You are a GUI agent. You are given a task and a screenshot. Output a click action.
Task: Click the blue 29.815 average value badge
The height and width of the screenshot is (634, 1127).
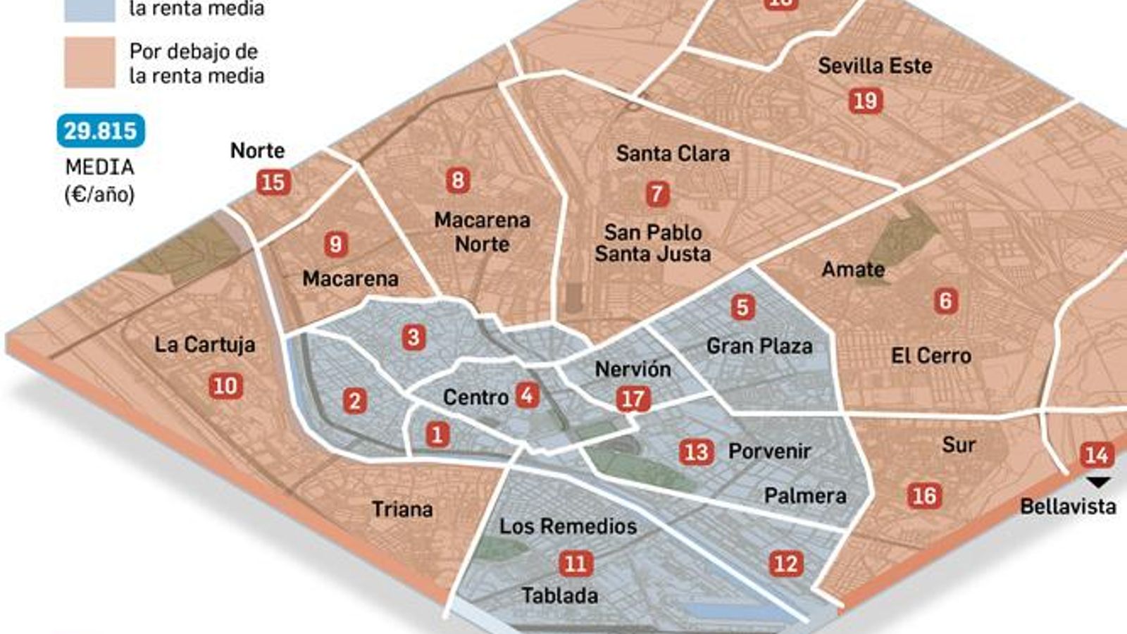(100, 131)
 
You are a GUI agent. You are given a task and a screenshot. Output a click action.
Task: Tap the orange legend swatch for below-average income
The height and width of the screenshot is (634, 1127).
(89, 63)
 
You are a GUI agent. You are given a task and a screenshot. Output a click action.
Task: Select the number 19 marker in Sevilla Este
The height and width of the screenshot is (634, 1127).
(865, 101)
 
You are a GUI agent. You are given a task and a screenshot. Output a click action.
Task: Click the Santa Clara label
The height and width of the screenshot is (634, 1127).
(673, 154)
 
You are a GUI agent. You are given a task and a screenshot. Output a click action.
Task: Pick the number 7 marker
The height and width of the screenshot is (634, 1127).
(657, 194)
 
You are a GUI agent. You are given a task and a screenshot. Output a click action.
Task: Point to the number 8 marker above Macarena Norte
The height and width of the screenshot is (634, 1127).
(458, 180)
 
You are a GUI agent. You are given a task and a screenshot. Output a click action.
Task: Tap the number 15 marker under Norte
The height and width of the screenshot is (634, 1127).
(273, 182)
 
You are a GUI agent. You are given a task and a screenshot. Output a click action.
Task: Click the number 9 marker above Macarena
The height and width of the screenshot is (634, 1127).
(335, 244)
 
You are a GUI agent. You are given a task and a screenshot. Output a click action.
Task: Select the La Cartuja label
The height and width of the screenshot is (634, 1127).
(204, 344)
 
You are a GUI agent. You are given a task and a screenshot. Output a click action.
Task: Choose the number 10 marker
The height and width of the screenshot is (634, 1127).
(225, 386)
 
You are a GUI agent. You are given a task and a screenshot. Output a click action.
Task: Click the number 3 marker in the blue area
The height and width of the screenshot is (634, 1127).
(413, 337)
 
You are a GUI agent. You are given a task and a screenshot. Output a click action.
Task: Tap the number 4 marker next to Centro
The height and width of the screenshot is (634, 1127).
(527, 395)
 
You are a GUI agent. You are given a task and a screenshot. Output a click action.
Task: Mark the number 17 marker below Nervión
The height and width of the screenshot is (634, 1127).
(633, 399)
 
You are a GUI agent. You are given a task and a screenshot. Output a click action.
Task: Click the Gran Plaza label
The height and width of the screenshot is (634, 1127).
(759, 346)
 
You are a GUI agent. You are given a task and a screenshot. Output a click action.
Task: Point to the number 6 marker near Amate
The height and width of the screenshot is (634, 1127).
(945, 302)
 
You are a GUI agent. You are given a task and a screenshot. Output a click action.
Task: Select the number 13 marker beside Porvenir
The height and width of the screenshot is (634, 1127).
(696, 452)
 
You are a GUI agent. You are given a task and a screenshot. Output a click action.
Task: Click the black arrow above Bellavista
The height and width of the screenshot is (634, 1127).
(1097, 483)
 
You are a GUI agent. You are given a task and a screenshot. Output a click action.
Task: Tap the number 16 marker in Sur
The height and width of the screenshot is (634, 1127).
(924, 496)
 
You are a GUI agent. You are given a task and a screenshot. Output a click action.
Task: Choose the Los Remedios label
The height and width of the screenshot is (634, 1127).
(568, 526)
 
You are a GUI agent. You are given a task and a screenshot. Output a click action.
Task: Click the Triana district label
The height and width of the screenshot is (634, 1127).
(402, 509)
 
